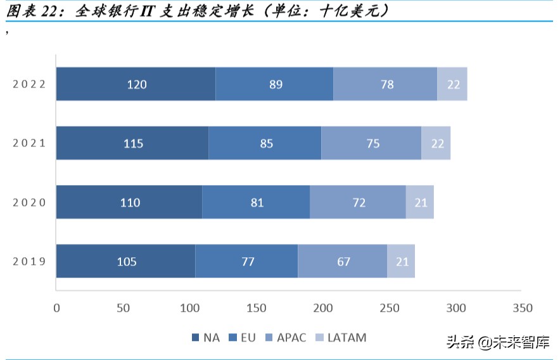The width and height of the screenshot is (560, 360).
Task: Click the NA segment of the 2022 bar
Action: pos(136,84)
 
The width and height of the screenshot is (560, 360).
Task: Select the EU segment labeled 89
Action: pos(274,84)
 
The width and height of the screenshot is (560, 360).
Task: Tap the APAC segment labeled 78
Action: pos(385,84)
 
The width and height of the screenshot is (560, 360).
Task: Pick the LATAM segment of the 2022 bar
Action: pos(452,84)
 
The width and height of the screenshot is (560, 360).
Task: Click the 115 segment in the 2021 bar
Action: pos(132,143)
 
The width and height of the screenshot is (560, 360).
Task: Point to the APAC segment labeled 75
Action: pos(372,143)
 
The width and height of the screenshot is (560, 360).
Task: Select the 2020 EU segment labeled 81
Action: pos(256,202)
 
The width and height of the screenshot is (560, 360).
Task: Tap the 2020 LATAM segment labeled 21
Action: pos(420,202)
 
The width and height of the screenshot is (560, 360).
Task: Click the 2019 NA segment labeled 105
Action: pos(125,261)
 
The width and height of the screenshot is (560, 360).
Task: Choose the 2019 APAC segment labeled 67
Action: pos(343,261)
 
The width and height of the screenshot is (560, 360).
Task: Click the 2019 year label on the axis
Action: pos(29,261)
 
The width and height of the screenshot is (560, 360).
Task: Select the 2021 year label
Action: pos(29,143)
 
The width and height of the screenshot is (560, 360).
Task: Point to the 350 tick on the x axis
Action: pos(522,309)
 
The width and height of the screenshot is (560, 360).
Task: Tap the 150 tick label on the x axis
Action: pos(256,309)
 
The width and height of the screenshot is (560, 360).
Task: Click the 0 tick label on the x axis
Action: pos(56,309)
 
